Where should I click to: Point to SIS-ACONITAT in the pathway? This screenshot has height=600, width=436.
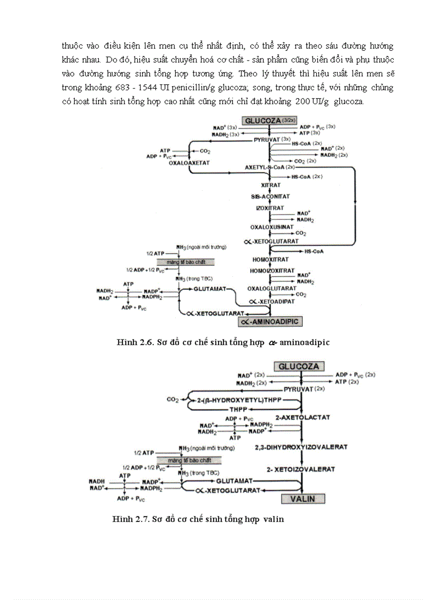point(270,197)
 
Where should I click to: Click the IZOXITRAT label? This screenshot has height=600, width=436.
point(270,208)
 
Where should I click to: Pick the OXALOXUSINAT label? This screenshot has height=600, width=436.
point(271,227)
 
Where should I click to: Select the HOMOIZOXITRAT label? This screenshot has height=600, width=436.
point(272,271)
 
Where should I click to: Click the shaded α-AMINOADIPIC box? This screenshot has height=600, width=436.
point(270,321)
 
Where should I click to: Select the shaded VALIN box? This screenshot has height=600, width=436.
point(303,499)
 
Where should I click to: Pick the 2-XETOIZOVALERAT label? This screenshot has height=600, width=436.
point(301,469)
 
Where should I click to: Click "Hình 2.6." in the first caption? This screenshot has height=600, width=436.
point(134,342)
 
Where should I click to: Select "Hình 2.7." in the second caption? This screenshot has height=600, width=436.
point(129,519)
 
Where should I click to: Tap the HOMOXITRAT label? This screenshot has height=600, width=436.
point(270,260)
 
